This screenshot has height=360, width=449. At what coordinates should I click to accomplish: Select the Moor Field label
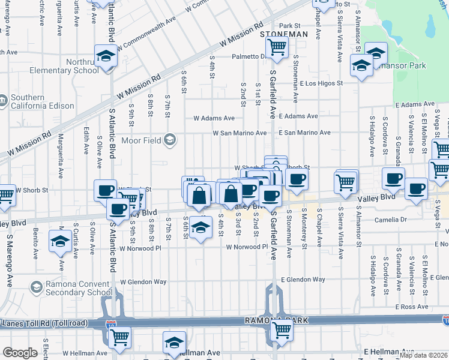tap(142, 140)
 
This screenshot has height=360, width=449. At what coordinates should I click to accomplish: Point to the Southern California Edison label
tap(43, 101)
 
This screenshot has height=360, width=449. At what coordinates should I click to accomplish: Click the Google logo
tap(20, 353)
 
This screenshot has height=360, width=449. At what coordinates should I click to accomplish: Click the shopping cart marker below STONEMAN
tap(277, 47)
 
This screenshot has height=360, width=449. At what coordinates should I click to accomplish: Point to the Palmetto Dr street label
tap(250, 57)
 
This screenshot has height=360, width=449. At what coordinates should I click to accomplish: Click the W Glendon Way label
tap(143, 281)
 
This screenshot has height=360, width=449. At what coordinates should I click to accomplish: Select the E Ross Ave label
tap(412, 307)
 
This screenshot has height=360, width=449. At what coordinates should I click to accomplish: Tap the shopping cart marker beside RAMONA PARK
tap(282, 330)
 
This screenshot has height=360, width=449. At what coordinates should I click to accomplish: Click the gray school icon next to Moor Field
tap(170, 140)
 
